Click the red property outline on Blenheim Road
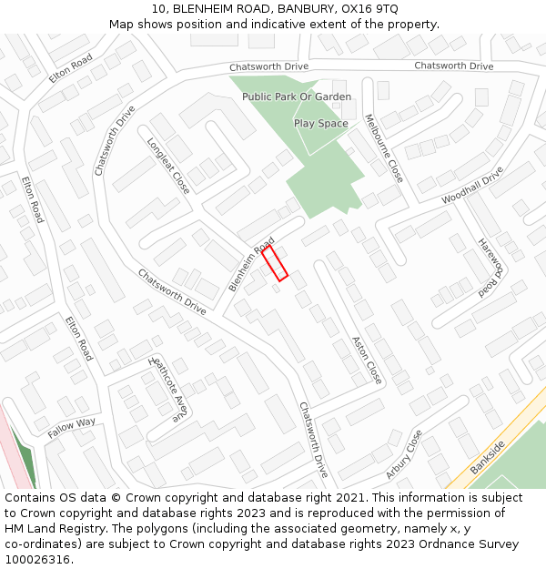click(275, 262)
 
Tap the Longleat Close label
click(168, 166)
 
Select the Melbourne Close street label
click(383, 147)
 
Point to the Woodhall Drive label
click(472, 185)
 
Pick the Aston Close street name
click(367, 360)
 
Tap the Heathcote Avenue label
click(167, 388)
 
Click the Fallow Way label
click(72, 428)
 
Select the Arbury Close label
click(403, 454)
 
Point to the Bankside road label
click(488, 458)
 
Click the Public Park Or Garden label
click(297, 97)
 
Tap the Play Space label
click(320, 123)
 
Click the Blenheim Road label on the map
click(251, 265)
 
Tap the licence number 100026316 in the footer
click(38, 560)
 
